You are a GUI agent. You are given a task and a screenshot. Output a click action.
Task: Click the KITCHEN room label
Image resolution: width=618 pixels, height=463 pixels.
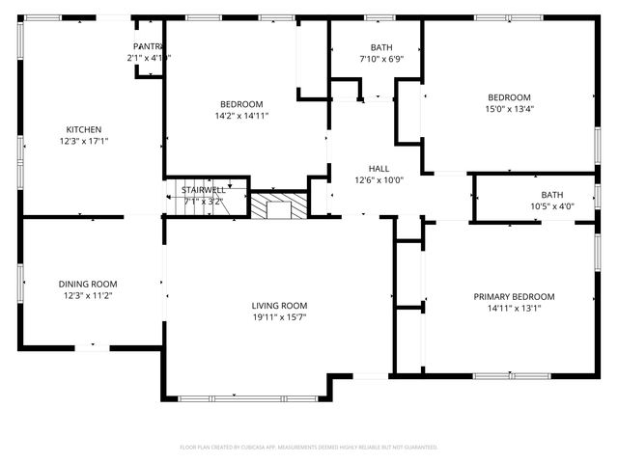[x=83, y=130]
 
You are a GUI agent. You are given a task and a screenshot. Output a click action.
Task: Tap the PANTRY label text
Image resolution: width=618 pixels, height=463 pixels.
[x=147, y=46]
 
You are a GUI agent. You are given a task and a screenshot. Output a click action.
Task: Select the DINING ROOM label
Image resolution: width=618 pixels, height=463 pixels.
[x=87, y=284]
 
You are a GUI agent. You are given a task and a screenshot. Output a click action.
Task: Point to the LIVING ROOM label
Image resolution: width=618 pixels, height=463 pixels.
[x=280, y=306]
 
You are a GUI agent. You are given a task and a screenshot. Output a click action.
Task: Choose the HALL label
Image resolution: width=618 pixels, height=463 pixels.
[x=379, y=167]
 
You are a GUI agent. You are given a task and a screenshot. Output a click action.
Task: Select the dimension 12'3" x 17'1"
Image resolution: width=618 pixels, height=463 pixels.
[x=83, y=142]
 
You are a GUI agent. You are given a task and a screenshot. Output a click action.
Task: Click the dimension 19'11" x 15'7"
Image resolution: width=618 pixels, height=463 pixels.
[x=280, y=317]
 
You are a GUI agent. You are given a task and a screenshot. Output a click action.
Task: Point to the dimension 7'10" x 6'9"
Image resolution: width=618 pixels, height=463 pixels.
[x=380, y=59]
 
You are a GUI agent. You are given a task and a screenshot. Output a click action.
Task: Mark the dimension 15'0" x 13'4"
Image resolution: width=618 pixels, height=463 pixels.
[x=509, y=109]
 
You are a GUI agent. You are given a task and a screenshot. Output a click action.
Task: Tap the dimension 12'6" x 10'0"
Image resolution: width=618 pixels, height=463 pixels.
[x=379, y=178]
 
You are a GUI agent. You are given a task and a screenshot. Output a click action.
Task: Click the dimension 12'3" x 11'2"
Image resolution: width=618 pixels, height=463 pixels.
[x=87, y=295]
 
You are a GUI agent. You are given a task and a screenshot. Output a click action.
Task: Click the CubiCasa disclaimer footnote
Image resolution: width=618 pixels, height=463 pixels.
[x=309, y=448]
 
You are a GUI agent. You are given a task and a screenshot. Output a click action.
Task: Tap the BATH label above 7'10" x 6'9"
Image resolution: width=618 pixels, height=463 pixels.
[x=380, y=47]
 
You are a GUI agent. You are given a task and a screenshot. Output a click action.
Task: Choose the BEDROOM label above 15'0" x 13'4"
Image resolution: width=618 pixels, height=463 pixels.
[x=509, y=97]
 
